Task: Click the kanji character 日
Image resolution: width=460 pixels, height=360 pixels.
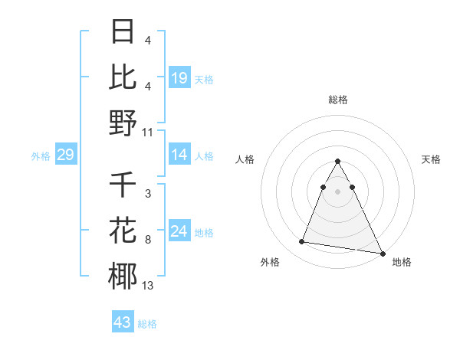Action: [x=123, y=31]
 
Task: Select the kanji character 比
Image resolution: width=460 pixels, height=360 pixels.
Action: [x=123, y=77]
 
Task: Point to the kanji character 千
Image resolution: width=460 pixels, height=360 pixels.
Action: [x=123, y=185]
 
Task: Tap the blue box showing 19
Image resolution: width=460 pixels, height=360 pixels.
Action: [x=179, y=77]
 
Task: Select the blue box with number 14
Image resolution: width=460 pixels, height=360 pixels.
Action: [x=179, y=155]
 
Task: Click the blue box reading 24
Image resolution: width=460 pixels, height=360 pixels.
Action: [x=179, y=231]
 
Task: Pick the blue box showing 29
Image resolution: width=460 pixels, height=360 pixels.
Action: [x=65, y=155]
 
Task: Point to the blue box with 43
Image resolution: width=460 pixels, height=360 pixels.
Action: [x=123, y=322]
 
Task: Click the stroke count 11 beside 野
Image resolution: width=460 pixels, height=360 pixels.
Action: [x=148, y=133]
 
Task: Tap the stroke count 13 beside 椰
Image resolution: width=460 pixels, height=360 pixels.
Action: [x=148, y=286]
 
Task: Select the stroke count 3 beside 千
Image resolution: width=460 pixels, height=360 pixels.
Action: [x=147, y=194]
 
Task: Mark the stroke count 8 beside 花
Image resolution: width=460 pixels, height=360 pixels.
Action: [x=147, y=240]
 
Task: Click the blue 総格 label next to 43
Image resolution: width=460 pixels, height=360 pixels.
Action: [x=147, y=324]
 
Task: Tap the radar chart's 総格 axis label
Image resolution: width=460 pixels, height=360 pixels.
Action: [x=338, y=100]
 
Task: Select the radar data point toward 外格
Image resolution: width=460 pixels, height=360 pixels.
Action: [x=302, y=242]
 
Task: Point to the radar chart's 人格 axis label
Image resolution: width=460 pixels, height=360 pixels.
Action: [x=245, y=159]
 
